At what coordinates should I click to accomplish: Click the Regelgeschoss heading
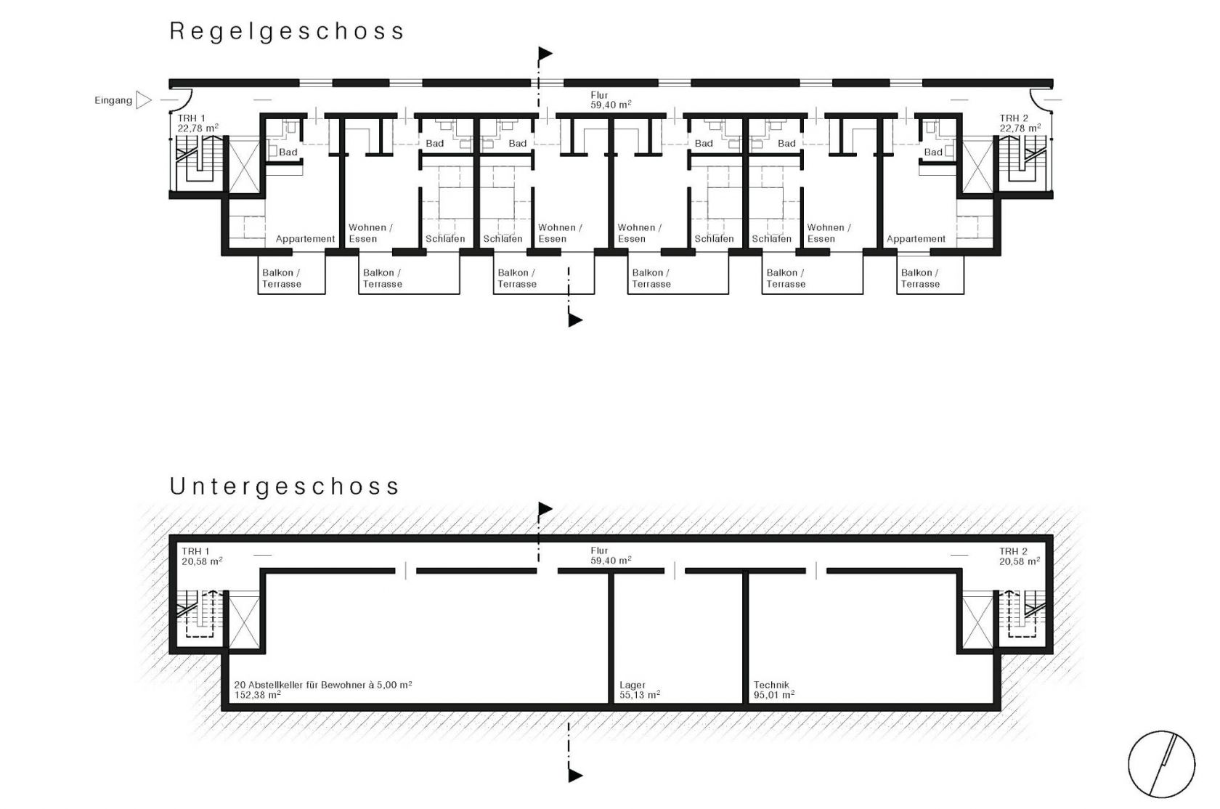tap(286, 32)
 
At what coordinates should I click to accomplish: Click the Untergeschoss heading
tap(285, 487)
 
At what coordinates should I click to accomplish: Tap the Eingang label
tap(113, 101)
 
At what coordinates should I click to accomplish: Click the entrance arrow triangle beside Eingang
tap(144, 100)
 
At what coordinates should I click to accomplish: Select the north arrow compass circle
tap(1161, 764)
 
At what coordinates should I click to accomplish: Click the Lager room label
tap(633, 685)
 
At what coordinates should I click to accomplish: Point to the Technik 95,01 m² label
tap(774, 690)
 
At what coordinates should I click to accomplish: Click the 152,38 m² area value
tap(258, 695)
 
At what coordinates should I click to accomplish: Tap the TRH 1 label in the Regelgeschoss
tap(191, 118)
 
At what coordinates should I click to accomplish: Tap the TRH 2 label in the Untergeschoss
tap(1013, 551)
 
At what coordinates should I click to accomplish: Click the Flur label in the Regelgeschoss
tap(598, 95)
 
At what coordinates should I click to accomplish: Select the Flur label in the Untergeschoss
tap(598, 550)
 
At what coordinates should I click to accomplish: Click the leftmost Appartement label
tap(305, 239)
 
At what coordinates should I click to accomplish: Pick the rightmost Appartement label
tap(916, 239)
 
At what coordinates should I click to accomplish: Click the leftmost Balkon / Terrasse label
tap(281, 278)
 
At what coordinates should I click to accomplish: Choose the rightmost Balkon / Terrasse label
tap(920, 278)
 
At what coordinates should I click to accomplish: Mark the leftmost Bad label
tap(288, 153)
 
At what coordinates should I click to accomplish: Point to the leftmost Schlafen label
tap(445, 239)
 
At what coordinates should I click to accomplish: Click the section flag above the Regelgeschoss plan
tap(545, 54)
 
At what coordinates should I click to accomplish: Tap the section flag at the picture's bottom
tap(575, 775)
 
